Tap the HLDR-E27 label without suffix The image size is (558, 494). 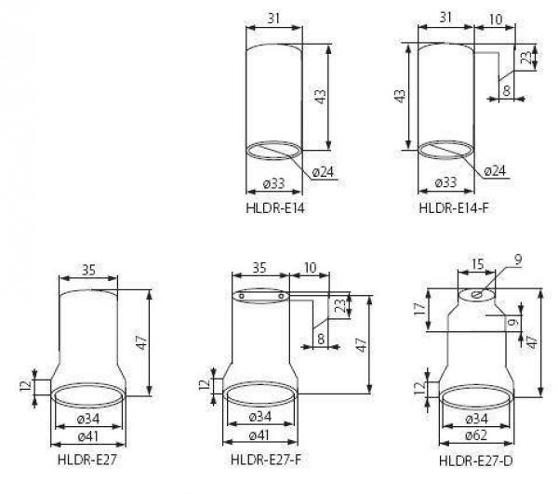coord(87,460)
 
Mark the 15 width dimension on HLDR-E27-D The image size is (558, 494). coord(475,265)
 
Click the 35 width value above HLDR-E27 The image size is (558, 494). coord(87,271)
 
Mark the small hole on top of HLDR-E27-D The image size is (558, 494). coord(476,296)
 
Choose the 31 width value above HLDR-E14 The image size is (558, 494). coord(272,17)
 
